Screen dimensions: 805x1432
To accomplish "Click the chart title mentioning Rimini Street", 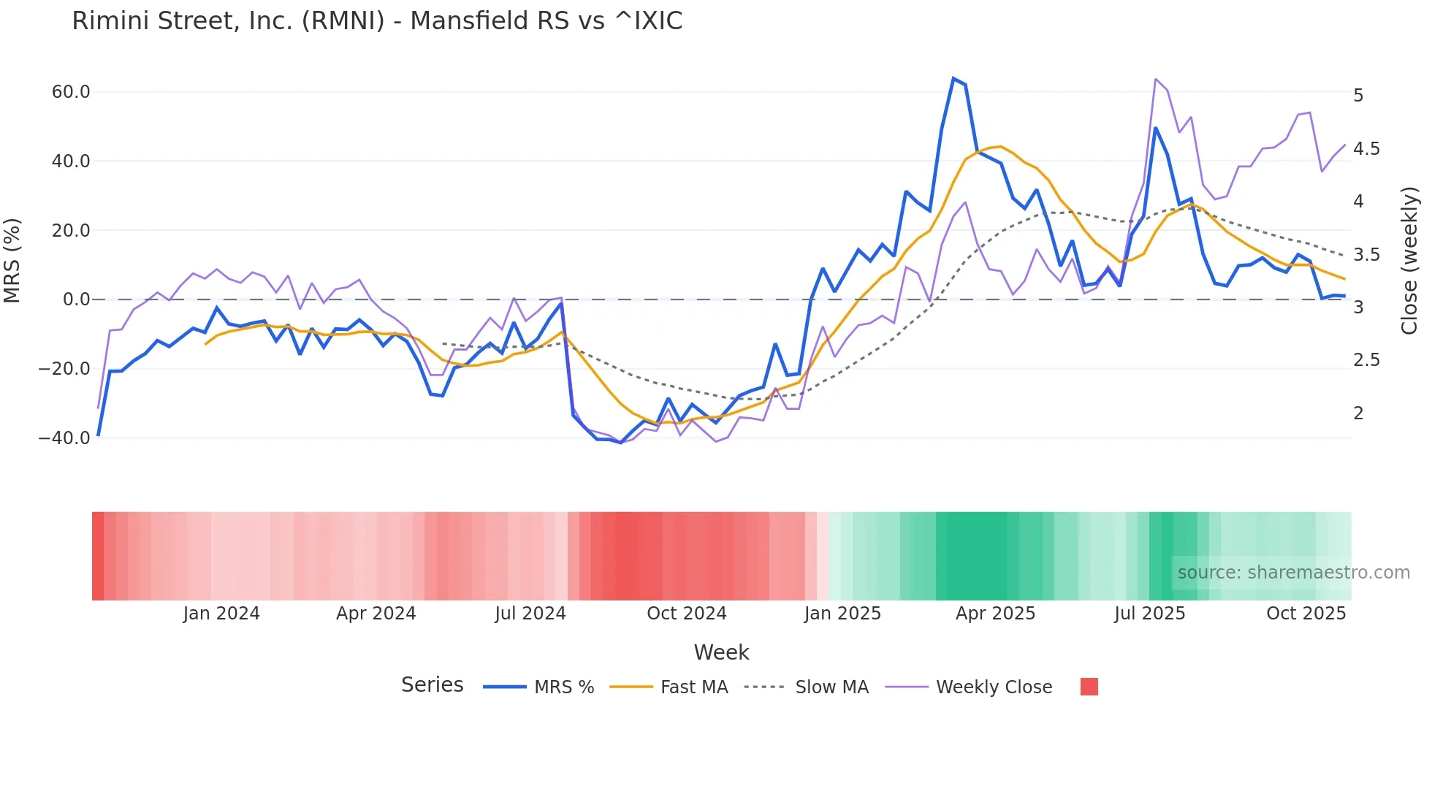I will pyautogui.click(x=377, y=21).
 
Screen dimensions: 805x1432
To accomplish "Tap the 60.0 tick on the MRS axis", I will pyautogui.click(x=71, y=92).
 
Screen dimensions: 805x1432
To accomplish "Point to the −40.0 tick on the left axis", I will pyautogui.click(x=64, y=438).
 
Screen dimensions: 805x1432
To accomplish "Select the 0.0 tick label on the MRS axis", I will pyautogui.click(x=76, y=300).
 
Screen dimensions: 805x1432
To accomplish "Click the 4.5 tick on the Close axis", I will pyautogui.click(x=1366, y=149).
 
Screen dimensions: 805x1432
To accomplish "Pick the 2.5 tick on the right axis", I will pyautogui.click(x=1366, y=360).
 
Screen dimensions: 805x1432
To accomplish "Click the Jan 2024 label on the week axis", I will pyautogui.click(x=221, y=614).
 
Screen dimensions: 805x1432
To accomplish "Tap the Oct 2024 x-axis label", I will pyautogui.click(x=686, y=614).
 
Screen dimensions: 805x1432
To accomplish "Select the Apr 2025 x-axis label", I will pyautogui.click(x=995, y=614).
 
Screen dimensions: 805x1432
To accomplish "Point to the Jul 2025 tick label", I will pyautogui.click(x=1149, y=614).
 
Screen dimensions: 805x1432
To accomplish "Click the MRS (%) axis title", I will pyautogui.click(x=12, y=261).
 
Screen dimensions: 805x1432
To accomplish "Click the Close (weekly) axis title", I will pyautogui.click(x=1409, y=261).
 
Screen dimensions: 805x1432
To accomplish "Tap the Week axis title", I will pyautogui.click(x=721, y=652).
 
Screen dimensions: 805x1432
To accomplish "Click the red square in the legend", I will pyautogui.click(x=1089, y=687).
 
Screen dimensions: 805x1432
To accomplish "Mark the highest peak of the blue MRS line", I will pyautogui.click(x=953, y=78).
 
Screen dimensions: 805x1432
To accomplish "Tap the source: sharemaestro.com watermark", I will pyautogui.click(x=1293, y=573).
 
